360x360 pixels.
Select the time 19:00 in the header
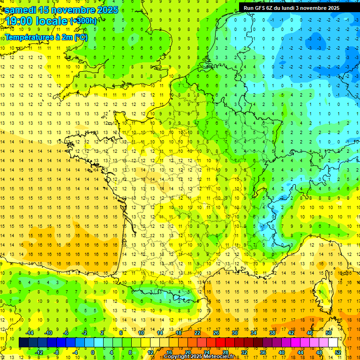point(22,21)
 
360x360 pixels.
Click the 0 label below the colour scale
point(93,352)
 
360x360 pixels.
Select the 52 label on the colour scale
point(338,352)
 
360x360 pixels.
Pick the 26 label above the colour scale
point(216,333)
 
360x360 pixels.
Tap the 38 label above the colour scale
point(272,333)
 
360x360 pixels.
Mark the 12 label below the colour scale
point(150,352)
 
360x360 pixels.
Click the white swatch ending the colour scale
point(333,343)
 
